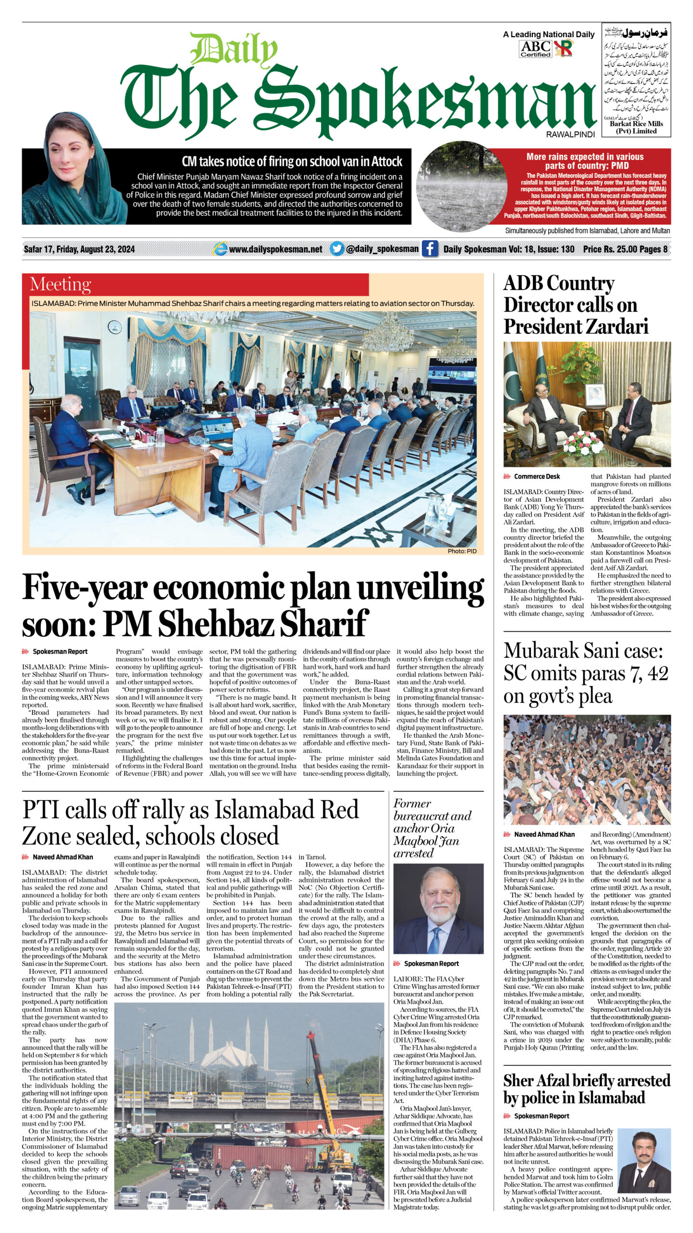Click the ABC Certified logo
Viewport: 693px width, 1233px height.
pos(535,49)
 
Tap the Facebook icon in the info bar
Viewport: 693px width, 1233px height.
pos(430,249)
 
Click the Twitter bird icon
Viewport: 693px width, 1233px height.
pos(337,249)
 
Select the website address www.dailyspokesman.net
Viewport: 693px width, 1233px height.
pos(275,249)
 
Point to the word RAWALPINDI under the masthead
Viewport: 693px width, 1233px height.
pos(570,135)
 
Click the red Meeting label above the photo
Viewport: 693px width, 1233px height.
pos(61,284)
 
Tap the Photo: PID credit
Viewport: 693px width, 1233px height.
pos(462,551)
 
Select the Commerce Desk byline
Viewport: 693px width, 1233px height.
pos(537,476)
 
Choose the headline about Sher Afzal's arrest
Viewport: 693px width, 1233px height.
pos(587,1089)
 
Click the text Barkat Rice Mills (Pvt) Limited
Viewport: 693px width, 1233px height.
pos(636,127)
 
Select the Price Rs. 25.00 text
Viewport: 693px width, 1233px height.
pos(609,249)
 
